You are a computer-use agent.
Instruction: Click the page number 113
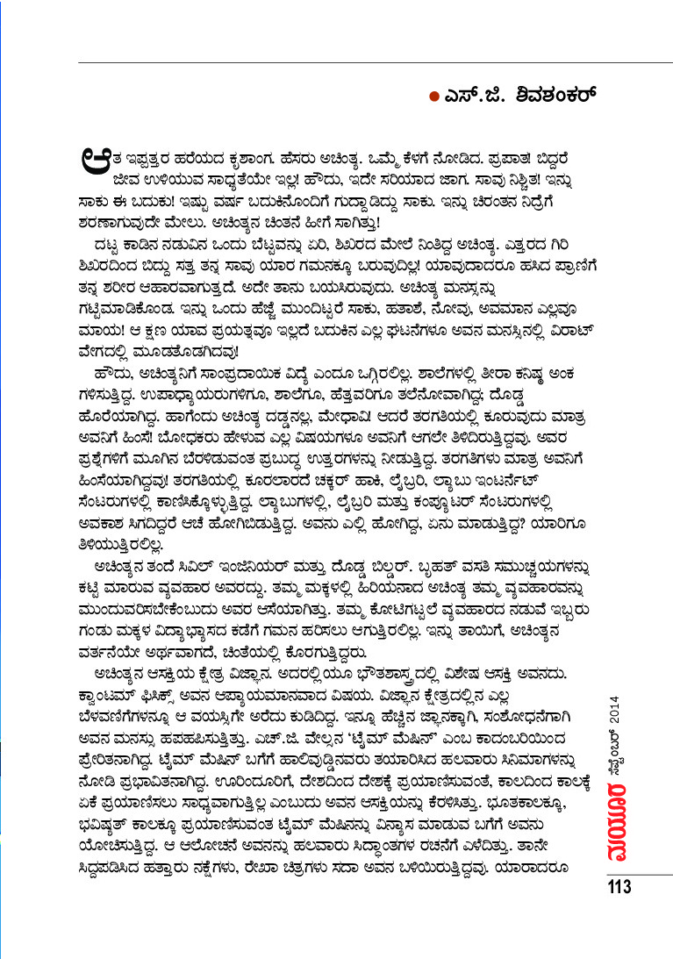pyautogui.click(x=619, y=887)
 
